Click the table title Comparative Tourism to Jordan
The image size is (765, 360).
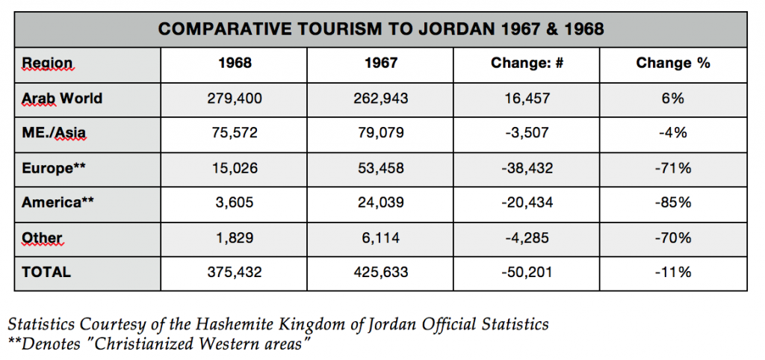381,30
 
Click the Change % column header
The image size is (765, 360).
672,63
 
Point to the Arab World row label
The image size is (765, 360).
62,99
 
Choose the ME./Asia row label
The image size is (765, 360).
54,134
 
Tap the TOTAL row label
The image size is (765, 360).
46,272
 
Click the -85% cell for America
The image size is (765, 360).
672,202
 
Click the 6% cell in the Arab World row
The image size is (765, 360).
672,99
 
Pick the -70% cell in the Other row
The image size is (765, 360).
672,238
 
